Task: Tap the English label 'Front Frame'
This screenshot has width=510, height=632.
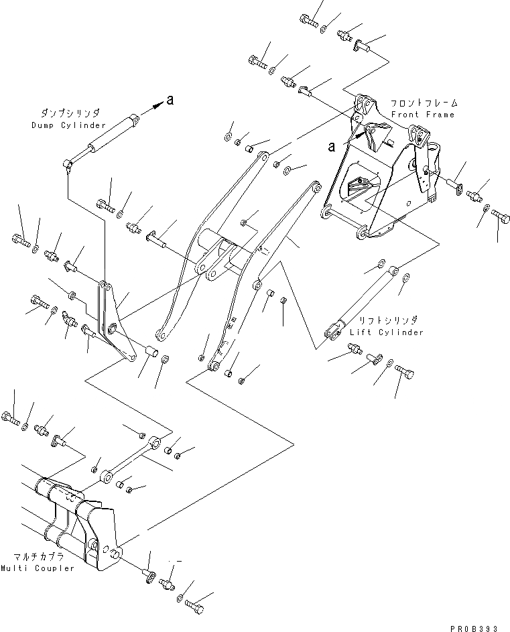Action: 432,115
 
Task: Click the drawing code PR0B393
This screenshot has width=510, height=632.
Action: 474,628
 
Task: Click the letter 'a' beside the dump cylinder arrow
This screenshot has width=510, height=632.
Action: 170,101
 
